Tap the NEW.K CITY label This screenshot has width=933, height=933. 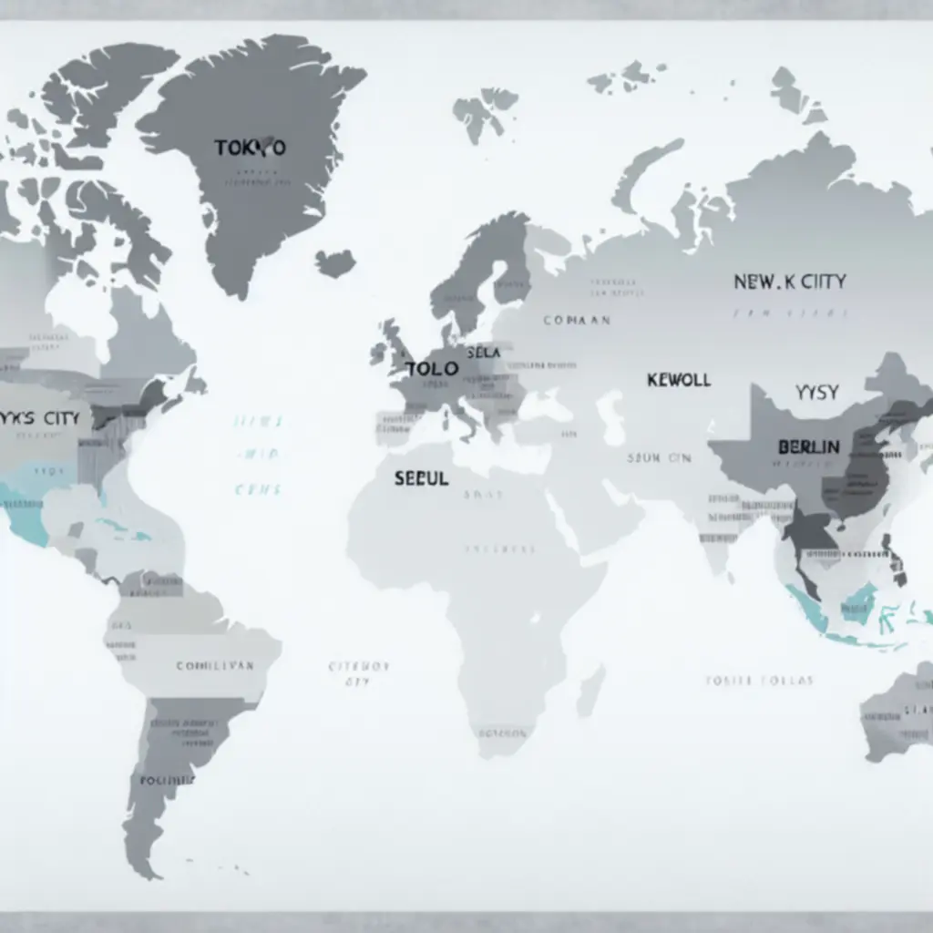coord(789,282)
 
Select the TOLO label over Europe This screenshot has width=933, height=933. coord(431,370)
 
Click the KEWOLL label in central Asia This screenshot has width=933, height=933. coord(678,380)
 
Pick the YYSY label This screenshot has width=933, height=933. coord(816,393)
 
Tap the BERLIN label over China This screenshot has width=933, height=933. coord(809,447)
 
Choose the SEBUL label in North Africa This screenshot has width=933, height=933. coord(421,478)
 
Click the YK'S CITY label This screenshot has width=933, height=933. coord(40,419)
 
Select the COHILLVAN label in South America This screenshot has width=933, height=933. coord(215,666)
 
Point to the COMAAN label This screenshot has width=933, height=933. coord(577,321)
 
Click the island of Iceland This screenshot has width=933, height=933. coord(335,263)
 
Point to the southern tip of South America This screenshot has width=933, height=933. coord(146,866)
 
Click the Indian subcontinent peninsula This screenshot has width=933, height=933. coord(720,538)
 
